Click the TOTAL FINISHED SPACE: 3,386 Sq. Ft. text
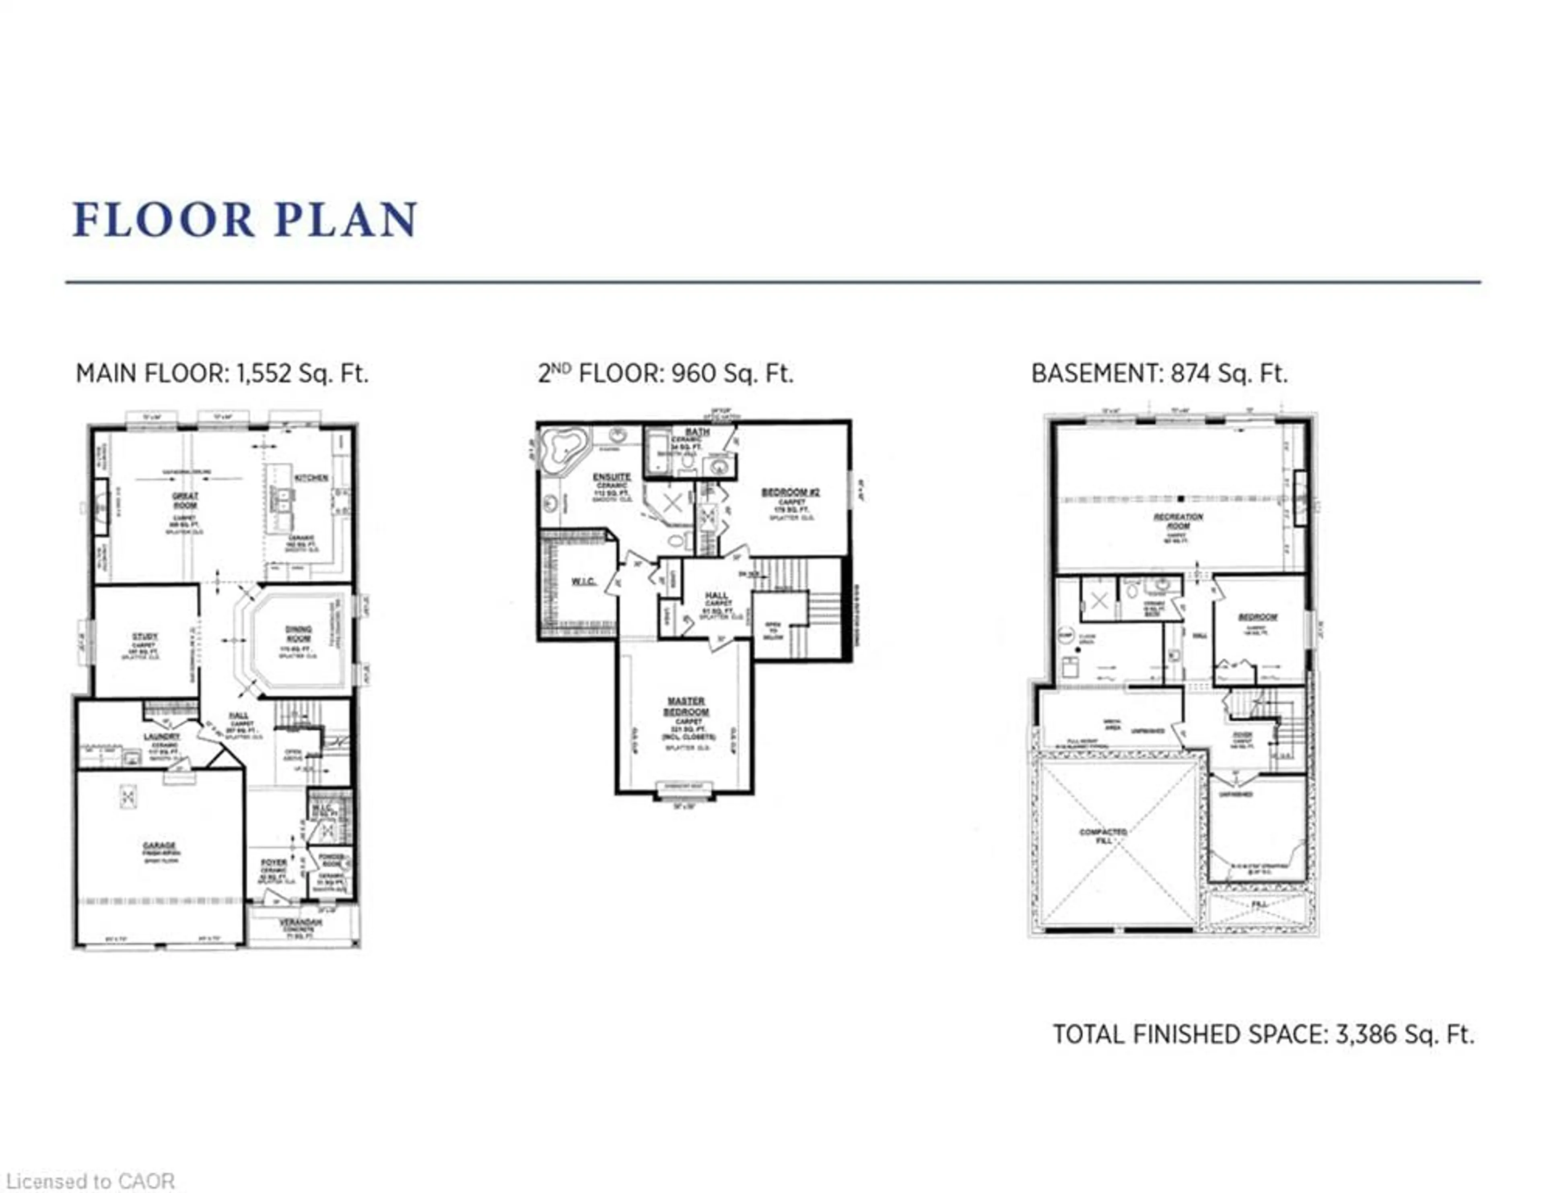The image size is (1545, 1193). pyautogui.click(x=1263, y=1034)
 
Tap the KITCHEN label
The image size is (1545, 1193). pyautogui.click(x=312, y=478)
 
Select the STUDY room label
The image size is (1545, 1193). pyautogui.click(x=145, y=637)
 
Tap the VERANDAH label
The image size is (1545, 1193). pyautogui.click(x=300, y=923)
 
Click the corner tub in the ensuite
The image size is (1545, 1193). pyautogui.click(x=563, y=447)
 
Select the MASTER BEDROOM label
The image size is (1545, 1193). pyautogui.click(x=686, y=706)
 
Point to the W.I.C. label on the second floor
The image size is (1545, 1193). pyautogui.click(x=584, y=582)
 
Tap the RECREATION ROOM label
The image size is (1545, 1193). pyautogui.click(x=1178, y=522)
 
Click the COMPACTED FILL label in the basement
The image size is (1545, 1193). pyautogui.click(x=1103, y=836)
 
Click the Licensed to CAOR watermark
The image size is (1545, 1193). pyautogui.click(x=90, y=1181)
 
